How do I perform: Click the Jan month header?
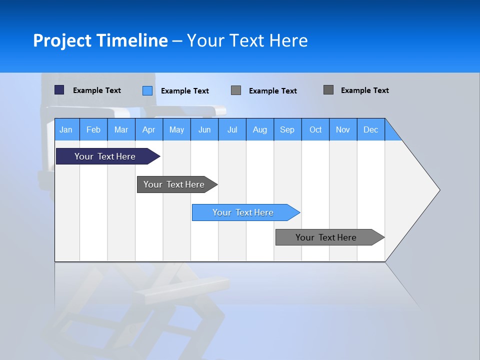(x=66, y=130)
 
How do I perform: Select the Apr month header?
(x=148, y=130)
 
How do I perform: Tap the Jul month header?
(x=232, y=130)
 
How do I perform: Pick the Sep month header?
(x=287, y=130)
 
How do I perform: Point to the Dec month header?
(x=370, y=130)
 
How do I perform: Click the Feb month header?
(x=93, y=130)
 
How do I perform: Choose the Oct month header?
(x=315, y=130)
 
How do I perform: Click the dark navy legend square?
(x=59, y=90)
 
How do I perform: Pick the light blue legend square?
(x=147, y=90)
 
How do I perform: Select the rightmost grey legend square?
(x=328, y=90)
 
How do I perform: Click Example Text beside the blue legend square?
(x=185, y=91)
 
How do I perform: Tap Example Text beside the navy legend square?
(x=97, y=90)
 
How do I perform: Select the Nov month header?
(x=343, y=130)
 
